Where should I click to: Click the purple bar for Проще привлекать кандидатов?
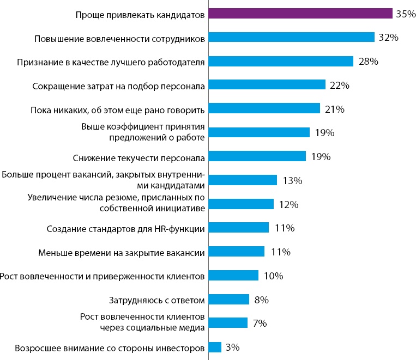[300, 14]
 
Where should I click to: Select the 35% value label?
[406, 14]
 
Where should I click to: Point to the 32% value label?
[389, 38]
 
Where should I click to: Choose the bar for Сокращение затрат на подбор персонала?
[267, 85]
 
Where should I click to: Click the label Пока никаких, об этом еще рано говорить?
[117, 110]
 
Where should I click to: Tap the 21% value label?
[334, 109]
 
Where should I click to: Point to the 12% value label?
[288, 205]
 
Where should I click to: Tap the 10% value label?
[273, 276]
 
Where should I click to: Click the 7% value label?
[260, 324]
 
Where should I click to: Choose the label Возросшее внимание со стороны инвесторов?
[110, 347]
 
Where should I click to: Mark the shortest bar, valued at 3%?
[215, 347]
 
